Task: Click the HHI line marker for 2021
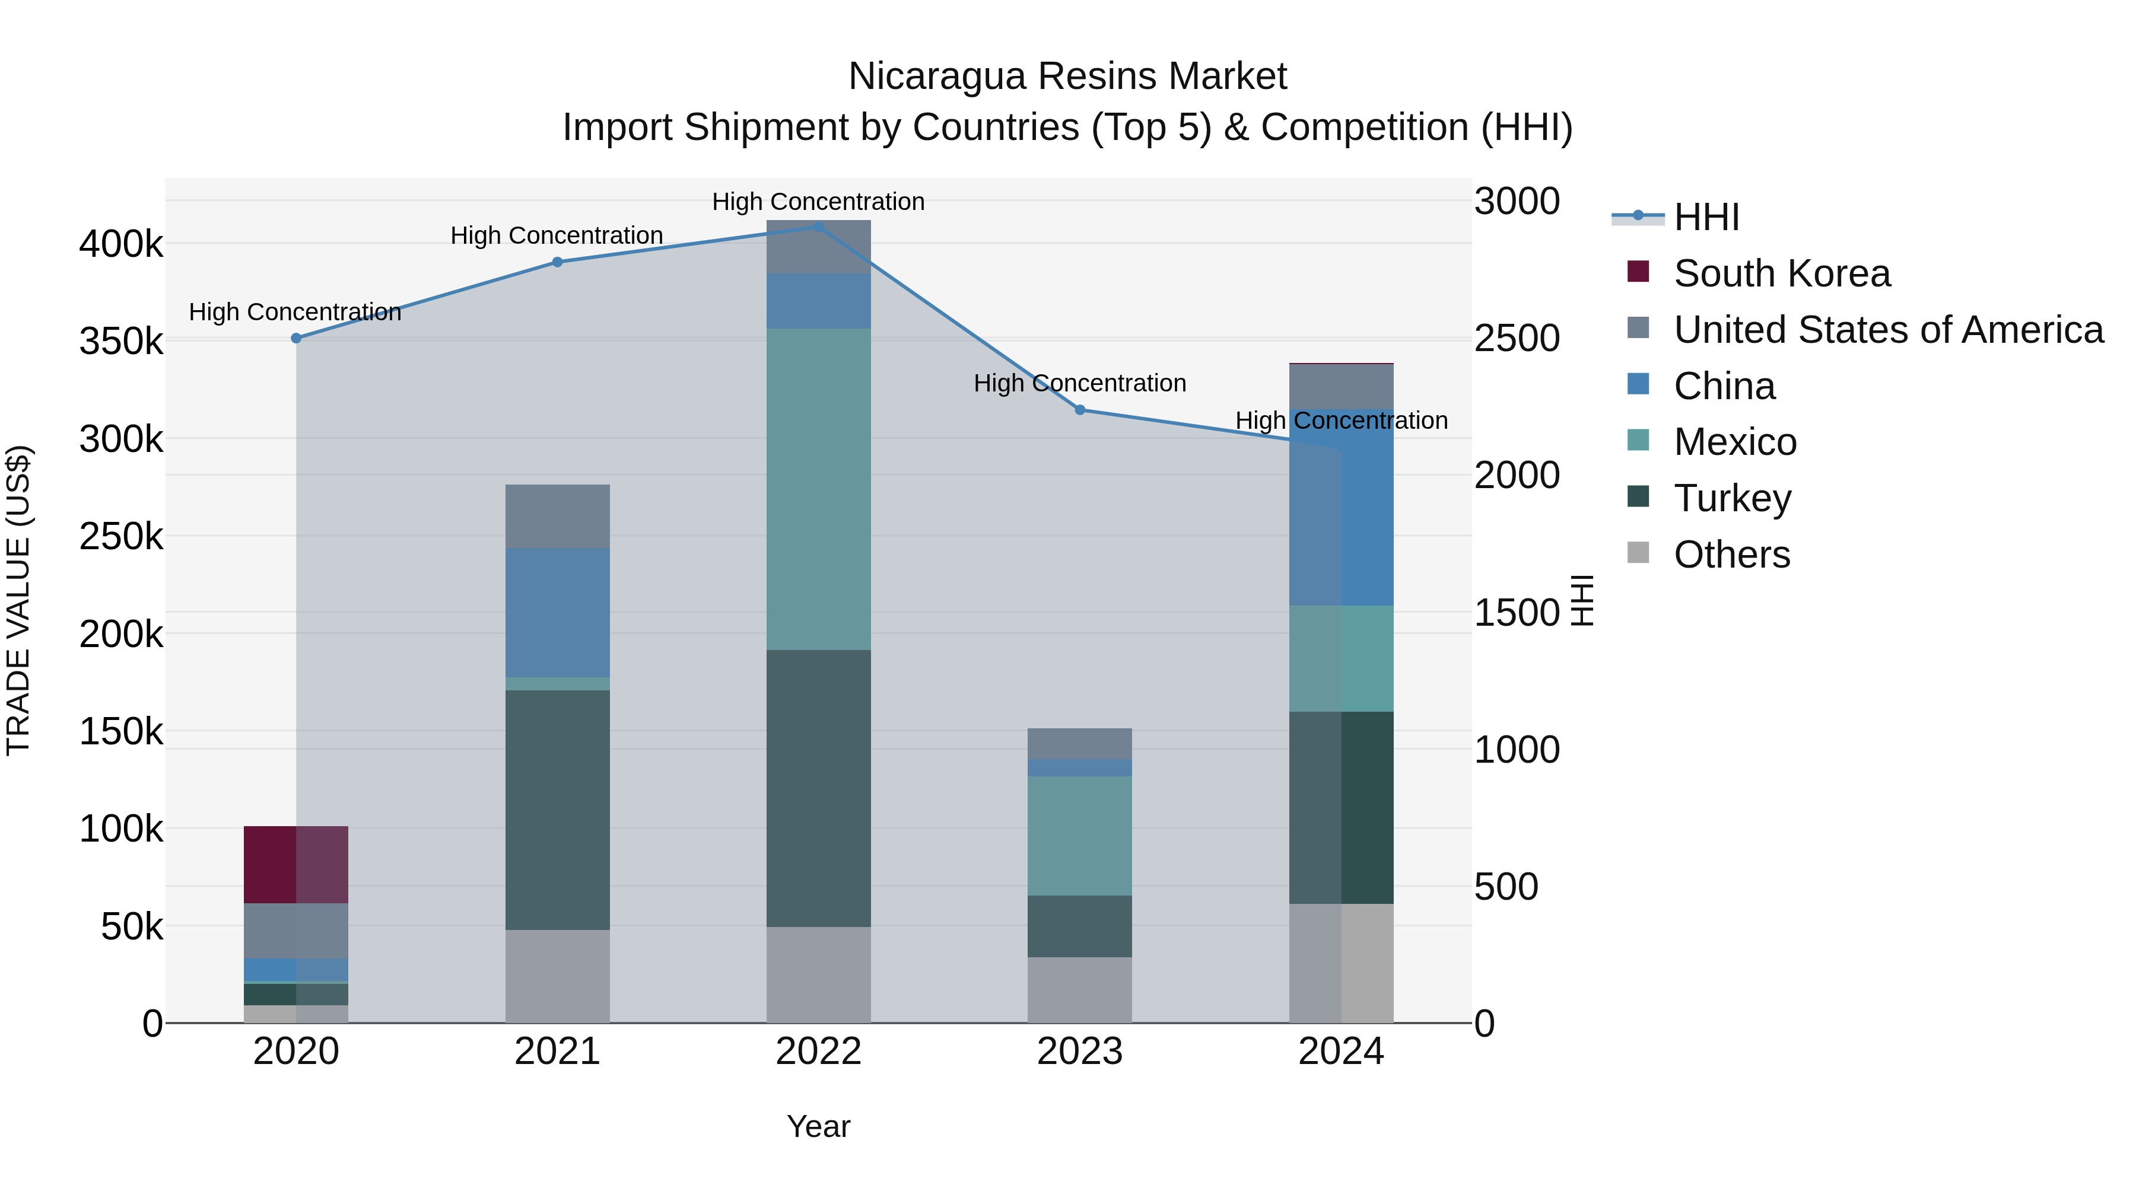[x=557, y=262]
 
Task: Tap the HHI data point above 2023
[x=1080, y=409]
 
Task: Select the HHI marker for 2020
[x=296, y=338]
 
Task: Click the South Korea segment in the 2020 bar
[x=296, y=865]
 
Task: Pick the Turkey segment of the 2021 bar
[x=557, y=810]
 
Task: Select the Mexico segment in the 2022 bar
[x=818, y=489]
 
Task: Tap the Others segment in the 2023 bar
[x=1080, y=990]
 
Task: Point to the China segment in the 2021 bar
[x=557, y=613]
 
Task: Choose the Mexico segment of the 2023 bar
[x=1080, y=836]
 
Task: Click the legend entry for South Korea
[x=1781, y=273]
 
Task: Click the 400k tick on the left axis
[x=121, y=244]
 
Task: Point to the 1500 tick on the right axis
[x=1517, y=613]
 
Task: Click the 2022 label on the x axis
[x=818, y=1052]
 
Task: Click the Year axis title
[x=818, y=1126]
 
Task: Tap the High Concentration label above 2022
[x=818, y=202]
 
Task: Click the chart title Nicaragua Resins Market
[x=1067, y=77]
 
